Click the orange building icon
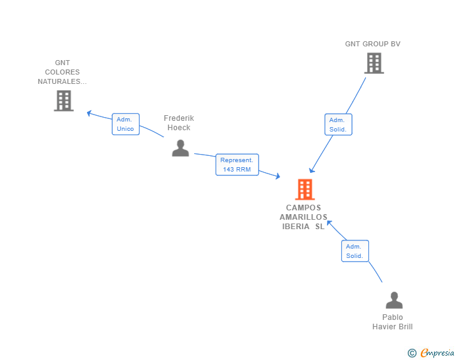[x=305, y=189]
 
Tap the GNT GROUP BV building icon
[x=374, y=63]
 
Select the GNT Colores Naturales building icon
[x=64, y=101]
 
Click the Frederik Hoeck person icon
[x=180, y=148]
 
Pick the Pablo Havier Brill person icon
[x=394, y=300]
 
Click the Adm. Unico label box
[x=126, y=124]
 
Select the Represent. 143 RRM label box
[x=237, y=165]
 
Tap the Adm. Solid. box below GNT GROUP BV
[x=338, y=125]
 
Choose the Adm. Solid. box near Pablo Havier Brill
[x=355, y=251]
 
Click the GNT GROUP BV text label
[x=373, y=44]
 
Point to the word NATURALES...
[x=62, y=81]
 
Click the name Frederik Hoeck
[x=179, y=123]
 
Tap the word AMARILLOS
[x=303, y=217]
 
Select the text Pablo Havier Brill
[x=392, y=322]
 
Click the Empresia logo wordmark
[x=437, y=352]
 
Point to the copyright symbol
[x=412, y=353]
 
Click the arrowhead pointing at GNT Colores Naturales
[x=89, y=113]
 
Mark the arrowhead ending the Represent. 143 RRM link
[x=278, y=176]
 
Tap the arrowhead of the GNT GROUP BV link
[x=311, y=171]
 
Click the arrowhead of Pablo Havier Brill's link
[x=329, y=223]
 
